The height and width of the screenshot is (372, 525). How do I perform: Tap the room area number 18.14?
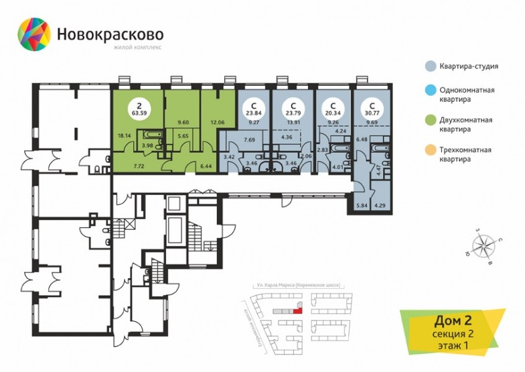coord(123,135)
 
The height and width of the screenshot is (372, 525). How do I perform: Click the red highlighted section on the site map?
coord(299,310)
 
